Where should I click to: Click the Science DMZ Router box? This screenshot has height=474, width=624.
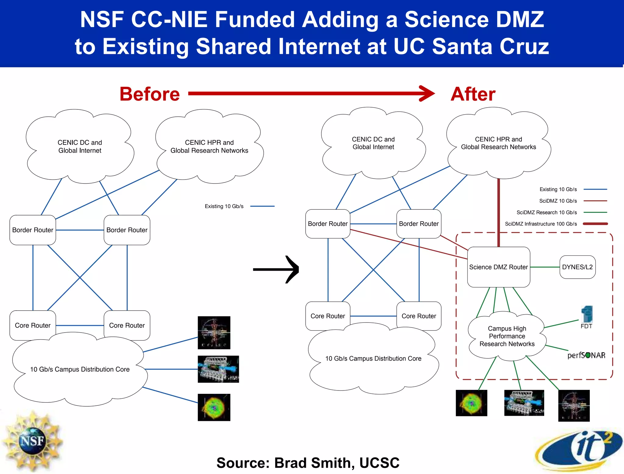point(498,267)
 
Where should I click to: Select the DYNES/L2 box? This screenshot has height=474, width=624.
point(577,267)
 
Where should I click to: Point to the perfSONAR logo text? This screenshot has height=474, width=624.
point(586,355)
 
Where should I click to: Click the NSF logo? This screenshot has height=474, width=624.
point(32,441)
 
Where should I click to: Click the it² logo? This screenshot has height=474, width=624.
point(579,448)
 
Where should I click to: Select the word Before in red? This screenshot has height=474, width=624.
point(150,94)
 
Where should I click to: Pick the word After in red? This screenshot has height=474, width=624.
point(473,94)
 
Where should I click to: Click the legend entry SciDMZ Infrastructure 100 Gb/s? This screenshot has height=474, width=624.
point(541,224)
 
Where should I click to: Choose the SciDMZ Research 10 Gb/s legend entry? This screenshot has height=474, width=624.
point(547,212)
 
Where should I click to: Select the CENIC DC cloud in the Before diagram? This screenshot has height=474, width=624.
point(80,147)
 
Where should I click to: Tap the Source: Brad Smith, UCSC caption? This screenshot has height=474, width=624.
point(308,463)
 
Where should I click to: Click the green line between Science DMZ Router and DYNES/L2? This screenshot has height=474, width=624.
point(545,267)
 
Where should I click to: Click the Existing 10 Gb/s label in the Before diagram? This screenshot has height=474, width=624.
point(224,206)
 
